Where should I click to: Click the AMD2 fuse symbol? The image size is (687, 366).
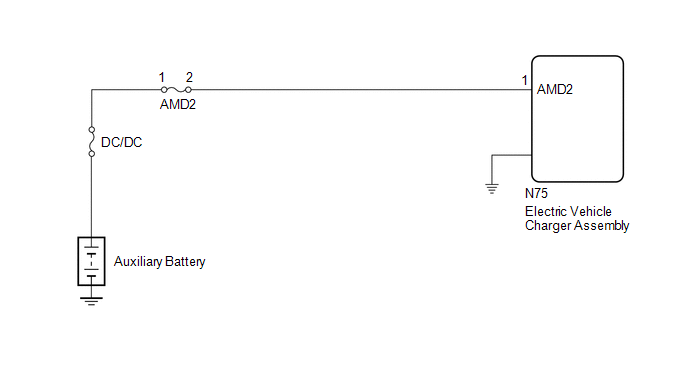tap(176, 90)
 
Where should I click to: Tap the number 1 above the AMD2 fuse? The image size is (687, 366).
tap(161, 78)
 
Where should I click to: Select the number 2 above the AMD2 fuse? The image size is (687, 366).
tap(189, 78)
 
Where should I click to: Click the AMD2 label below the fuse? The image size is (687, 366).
tap(178, 104)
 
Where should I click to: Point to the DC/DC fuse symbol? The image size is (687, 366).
tap(92, 142)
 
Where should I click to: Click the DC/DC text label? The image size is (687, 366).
tap(122, 142)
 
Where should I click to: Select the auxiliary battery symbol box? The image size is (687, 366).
tap(91, 261)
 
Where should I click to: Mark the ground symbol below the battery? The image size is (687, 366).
tap(91, 301)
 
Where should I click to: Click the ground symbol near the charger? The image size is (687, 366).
tap(492, 189)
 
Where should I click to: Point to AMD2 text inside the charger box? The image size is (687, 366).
tap(554, 90)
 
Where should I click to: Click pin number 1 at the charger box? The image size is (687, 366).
tap(525, 80)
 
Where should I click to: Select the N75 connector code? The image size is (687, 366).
tap(537, 194)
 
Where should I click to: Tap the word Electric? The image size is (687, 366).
tap(545, 212)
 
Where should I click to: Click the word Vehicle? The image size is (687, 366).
tap(590, 212)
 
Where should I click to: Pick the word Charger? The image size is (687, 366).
tap(548, 226)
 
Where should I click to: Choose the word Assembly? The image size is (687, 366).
tap(602, 226)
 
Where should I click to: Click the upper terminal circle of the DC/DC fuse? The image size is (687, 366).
tap(92, 130)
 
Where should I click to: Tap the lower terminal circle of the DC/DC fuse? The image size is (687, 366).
tap(92, 154)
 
